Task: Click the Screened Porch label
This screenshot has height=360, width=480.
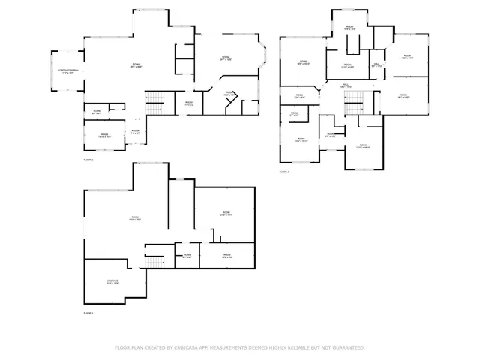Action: [68, 71]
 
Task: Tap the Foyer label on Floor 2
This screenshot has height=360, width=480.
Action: [136, 131]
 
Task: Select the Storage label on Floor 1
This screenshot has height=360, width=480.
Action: [112, 282]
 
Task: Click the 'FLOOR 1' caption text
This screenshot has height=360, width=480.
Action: [88, 313]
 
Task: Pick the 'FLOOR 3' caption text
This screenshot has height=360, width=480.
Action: [284, 172]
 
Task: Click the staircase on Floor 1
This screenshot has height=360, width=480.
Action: [155, 263]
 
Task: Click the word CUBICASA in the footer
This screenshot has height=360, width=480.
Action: [188, 348]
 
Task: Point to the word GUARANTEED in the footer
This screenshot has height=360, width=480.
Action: [348, 348]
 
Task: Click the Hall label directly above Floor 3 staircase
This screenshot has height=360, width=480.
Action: [347, 85]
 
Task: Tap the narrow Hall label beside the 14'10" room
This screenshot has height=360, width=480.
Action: [377, 65]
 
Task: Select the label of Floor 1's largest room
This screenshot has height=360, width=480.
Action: [135, 218]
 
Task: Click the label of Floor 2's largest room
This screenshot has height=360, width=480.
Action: [136, 65]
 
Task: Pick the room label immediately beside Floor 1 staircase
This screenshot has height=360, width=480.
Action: [187, 256]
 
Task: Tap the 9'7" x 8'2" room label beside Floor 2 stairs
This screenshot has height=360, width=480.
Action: [189, 103]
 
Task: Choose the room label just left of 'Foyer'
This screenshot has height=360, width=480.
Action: [104, 136]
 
